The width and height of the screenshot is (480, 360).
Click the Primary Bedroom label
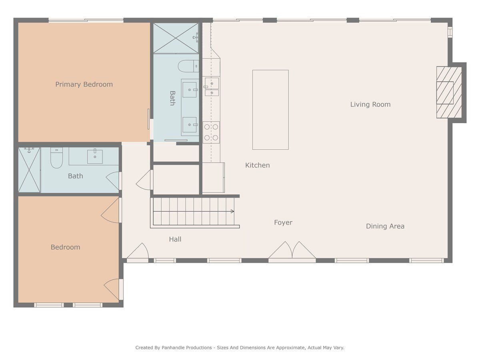tap(84, 84)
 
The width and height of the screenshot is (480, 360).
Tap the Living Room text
tap(370, 104)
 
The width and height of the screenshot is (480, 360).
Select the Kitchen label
tap(257, 165)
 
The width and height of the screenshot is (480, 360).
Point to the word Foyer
tap(283, 222)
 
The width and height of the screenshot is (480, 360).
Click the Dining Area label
tap(385, 226)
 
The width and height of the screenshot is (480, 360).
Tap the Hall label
tap(175, 239)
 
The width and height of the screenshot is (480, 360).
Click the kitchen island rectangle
tap(270, 110)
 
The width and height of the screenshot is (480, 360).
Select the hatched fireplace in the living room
tap(449, 92)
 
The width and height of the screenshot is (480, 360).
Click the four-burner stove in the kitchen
tap(211, 132)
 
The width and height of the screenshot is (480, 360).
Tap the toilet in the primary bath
tap(188, 66)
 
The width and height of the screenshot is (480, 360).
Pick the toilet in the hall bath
tap(57, 158)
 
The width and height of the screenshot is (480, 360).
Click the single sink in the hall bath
tap(95, 156)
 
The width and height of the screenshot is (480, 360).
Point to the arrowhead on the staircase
tap(233, 211)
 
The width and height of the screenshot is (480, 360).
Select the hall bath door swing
tap(113, 181)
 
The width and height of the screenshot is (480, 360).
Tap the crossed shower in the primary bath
tap(176, 38)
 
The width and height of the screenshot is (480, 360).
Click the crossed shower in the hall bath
tap(29, 170)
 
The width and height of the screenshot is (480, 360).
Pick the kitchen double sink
tap(212, 87)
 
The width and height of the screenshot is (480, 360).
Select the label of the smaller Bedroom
tap(65, 247)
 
